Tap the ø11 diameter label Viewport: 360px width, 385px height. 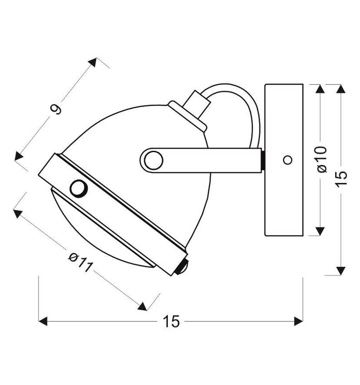[x=81, y=263]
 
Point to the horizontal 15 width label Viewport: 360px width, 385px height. [x=171, y=322]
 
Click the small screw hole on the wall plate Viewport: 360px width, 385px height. [x=288, y=160]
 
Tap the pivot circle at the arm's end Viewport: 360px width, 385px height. [x=154, y=160]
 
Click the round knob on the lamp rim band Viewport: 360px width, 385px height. [x=78, y=188]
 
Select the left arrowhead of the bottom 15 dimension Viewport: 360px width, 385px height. [x=43, y=321]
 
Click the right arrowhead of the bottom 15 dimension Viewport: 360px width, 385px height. [x=299, y=321]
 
